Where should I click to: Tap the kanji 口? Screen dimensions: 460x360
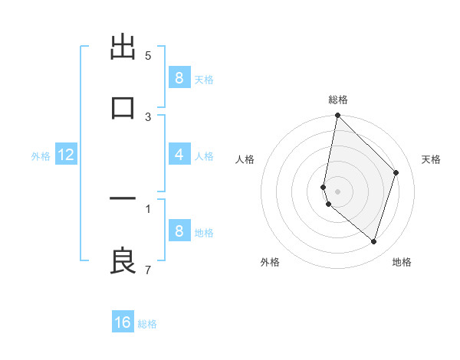[x=123, y=106]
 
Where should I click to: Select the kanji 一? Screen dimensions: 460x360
[x=123, y=198]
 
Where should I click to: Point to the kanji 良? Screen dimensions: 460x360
[x=123, y=260]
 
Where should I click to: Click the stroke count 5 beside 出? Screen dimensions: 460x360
[x=148, y=56]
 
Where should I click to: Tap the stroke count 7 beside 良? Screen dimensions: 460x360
[x=148, y=270]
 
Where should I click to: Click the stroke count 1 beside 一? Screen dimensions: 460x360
[x=148, y=208]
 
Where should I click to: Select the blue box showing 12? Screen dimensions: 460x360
[x=65, y=155]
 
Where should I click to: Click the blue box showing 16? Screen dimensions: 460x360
[x=123, y=322]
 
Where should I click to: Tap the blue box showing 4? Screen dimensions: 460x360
[x=179, y=155]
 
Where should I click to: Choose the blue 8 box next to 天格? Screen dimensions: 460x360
[x=179, y=78]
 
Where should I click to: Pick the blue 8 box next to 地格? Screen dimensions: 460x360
[x=179, y=231]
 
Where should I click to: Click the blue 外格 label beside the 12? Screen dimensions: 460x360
[x=41, y=156]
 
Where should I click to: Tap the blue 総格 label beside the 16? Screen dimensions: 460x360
[x=147, y=324]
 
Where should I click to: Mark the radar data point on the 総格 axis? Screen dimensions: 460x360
[x=337, y=116]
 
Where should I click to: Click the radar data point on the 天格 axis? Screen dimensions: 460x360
[x=396, y=172]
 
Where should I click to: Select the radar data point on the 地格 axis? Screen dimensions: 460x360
[x=373, y=241]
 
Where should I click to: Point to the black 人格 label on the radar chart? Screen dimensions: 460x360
[x=245, y=159]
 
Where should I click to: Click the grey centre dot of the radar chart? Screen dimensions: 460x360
[x=337, y=191]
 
